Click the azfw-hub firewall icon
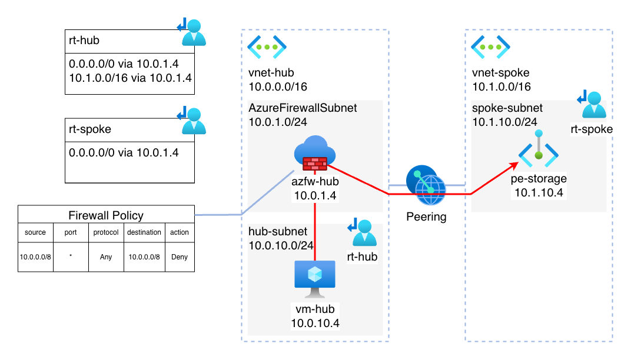tap(314, 154)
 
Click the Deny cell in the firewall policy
tap(180, 256)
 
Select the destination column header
tap(144, 232)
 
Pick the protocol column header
tap(106, 232)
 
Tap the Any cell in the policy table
tap(106, 256)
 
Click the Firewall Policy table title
tap(106, 215)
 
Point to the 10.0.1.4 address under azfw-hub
tap(314, 195)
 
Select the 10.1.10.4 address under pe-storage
tap(538, 192)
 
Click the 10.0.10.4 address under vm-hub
tap(314, 322)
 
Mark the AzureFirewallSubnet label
tap(303, 108)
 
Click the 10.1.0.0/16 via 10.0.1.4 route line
tap(130, 76)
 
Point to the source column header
tap(35, 232)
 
